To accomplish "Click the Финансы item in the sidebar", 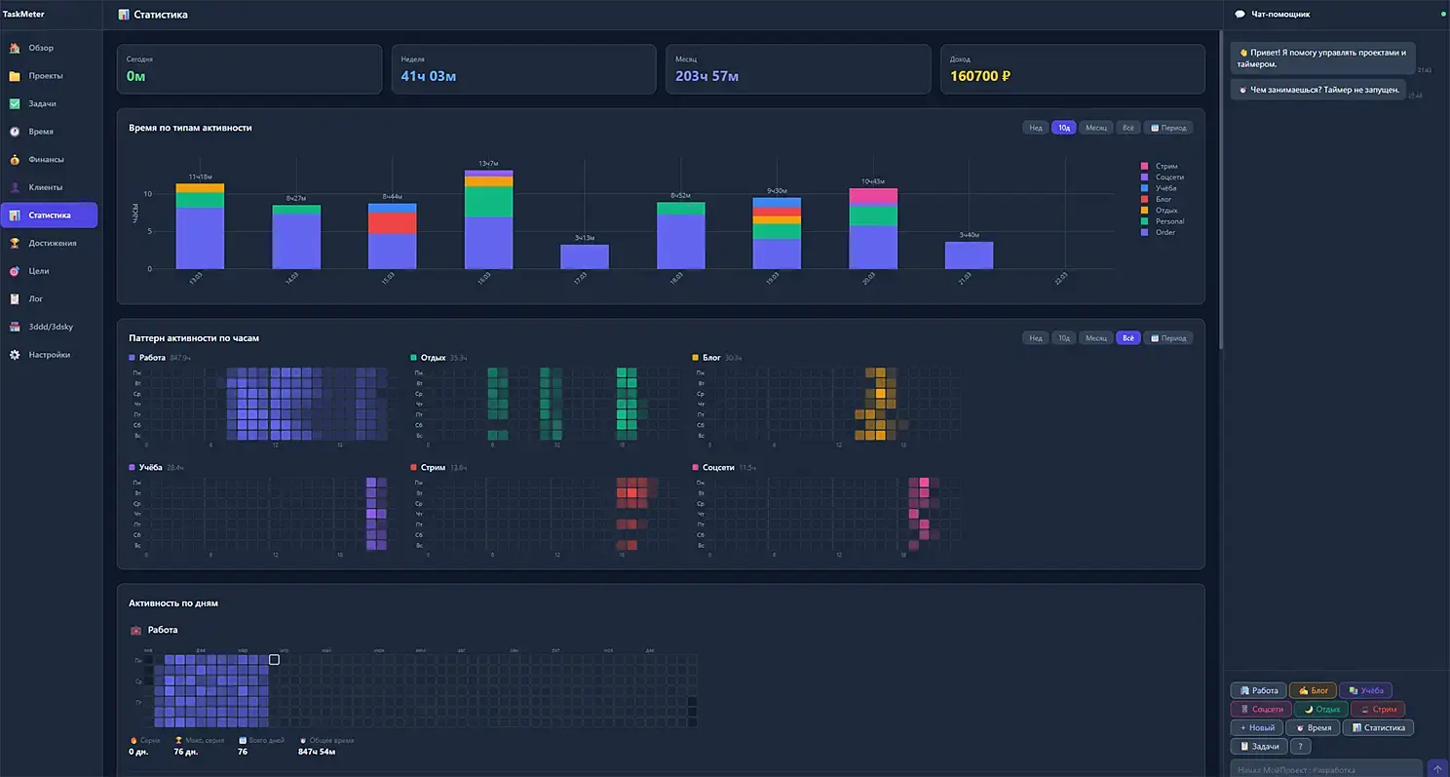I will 46,159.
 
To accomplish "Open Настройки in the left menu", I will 49,355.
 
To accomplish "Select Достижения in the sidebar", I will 52,243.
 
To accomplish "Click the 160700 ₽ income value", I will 980,76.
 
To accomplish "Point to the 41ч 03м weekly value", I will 429,76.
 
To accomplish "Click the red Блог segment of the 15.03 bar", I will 393,223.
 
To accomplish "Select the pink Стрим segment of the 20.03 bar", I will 873,196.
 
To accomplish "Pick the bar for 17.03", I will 585,256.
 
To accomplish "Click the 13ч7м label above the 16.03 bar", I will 488,163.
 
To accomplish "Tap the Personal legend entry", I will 1169,221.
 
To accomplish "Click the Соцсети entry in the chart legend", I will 1169,177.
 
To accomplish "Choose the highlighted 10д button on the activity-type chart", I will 1063,128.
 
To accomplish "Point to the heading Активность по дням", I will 173,602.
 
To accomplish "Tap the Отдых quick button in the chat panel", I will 1320,709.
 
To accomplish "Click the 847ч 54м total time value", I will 317,752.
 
